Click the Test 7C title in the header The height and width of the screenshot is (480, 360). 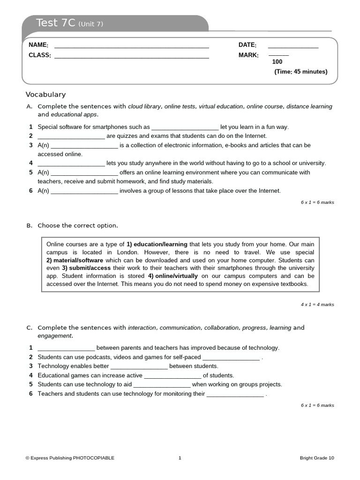(69, 23)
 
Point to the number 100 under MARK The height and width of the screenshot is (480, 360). (277, 62)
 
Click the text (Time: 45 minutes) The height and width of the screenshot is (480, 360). (300, 72)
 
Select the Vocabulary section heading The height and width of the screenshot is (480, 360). (45, 94)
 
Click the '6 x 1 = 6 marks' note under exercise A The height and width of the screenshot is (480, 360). (317, 202)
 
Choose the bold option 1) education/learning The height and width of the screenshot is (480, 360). (157, 244)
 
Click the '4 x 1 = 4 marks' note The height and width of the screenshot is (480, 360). (317, 304)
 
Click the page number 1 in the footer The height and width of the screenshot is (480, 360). (180, 458)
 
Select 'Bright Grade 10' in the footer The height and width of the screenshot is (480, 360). (317, 458)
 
